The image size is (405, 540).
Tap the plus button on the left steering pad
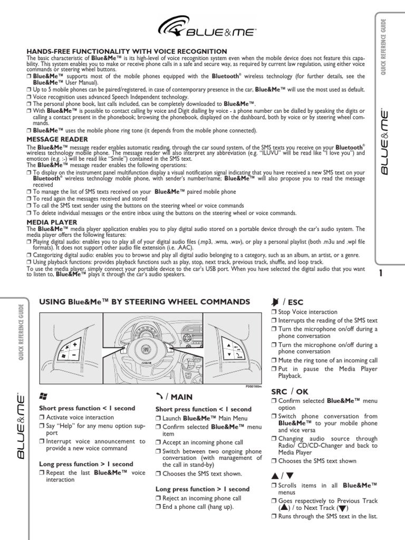(x=74, y=344)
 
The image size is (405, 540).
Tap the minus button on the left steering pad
(x=74, y=355)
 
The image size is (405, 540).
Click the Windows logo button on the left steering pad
(x=63, y=356)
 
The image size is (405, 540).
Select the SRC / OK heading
(x=290, y=392)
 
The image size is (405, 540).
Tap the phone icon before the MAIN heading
(x=159, y=396)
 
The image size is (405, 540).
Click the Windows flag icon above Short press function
(x=43, y=396)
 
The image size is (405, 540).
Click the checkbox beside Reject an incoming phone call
(x=158, y=498)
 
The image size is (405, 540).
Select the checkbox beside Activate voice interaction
(x=42, y=417)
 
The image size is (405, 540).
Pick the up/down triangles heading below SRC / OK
(x=282, y=475)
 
